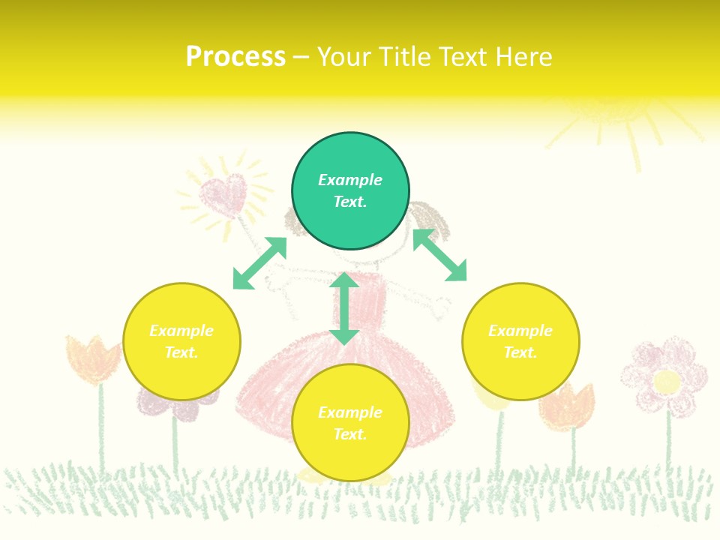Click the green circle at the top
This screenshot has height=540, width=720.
pos(350,191)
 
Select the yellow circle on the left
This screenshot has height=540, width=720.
pos(181,341)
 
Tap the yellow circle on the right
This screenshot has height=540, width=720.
pos(520,341)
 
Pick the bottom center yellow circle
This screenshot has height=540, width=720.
pos(350,423)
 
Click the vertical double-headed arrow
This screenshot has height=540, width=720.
pos(344,308)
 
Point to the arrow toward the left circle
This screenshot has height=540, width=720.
pos(259,263)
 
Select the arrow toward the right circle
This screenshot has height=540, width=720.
pos(439,254)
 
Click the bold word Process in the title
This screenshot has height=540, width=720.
pos(235,57)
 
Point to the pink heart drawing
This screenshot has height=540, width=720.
pos(223,195)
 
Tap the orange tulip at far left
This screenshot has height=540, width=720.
pos(91,358)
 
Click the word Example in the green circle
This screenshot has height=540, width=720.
pos(350,180)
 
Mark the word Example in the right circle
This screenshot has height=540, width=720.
pos(520,331)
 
